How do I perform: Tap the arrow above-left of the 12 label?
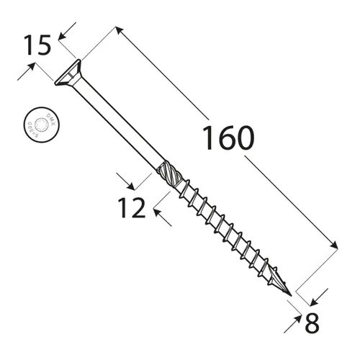click(x=123, y=179)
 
